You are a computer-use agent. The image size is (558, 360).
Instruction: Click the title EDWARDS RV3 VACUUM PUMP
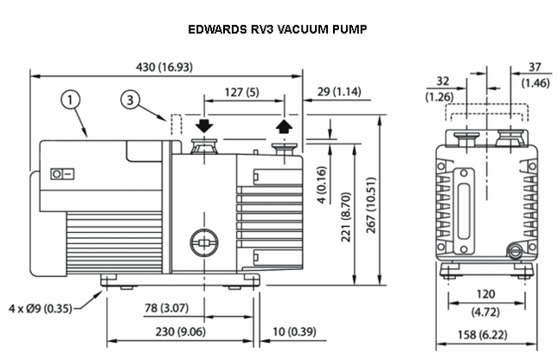[278, 29]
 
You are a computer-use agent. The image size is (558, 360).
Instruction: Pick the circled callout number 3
[129, 101]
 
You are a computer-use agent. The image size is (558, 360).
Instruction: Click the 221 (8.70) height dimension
[346, 216]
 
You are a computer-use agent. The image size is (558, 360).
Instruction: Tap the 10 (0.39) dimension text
[292, 331]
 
